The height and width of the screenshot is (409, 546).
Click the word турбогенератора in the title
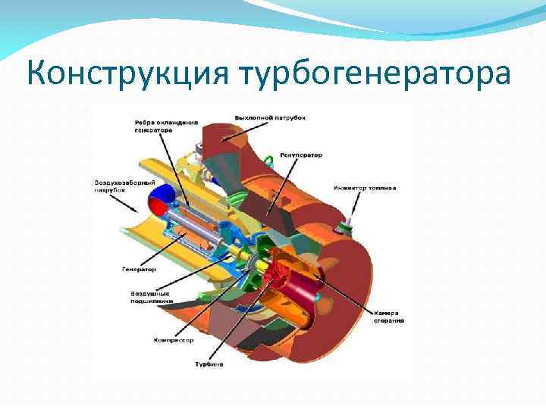376,74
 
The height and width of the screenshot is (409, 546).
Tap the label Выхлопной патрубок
270,118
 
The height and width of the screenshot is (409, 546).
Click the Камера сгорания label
388,317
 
